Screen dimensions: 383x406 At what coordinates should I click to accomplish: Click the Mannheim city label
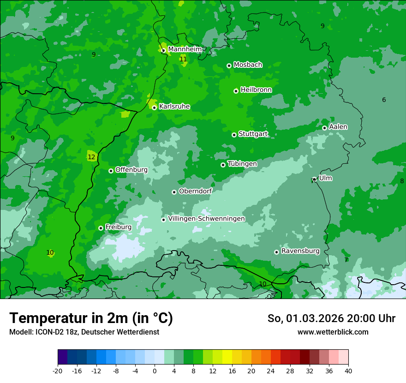[x=185, y=49]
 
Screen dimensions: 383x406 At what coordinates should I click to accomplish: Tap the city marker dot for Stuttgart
[x=234, y=135]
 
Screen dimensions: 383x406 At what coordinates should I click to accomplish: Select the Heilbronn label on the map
[x=256, y=90]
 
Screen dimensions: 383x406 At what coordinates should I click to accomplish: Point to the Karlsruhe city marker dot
[x=155, y=108]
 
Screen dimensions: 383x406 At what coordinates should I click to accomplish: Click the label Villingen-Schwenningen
[x=206, y=219]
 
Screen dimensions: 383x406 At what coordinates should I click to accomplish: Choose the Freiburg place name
[x=118, y=227]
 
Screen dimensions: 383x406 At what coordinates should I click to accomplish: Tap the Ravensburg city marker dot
[x=277, y=252]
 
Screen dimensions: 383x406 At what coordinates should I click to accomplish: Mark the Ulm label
[x=325, y=178]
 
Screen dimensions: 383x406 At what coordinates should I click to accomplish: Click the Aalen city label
[x=338, y=127]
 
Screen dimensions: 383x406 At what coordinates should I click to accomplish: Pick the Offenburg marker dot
[x=111, y=171]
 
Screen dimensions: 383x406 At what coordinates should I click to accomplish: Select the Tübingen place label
[x=242, y=164]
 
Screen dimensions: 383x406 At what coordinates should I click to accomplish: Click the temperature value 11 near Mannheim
[x=183, y=59]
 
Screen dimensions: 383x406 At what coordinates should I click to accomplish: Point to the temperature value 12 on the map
[x=91, y=157]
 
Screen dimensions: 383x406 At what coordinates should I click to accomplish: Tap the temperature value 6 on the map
[x=384, y=100]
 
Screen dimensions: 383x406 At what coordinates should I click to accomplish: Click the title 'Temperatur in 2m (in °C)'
[x=91, y=318]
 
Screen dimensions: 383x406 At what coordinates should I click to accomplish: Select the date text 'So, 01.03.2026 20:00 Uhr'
[x=331, y=318]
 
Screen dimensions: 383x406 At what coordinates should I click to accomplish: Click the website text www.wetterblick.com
[x=333, y=332]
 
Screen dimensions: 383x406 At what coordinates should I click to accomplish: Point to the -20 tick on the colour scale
[x=58, y=371]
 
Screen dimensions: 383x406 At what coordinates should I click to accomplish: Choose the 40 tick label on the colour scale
[x=348, y=371]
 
